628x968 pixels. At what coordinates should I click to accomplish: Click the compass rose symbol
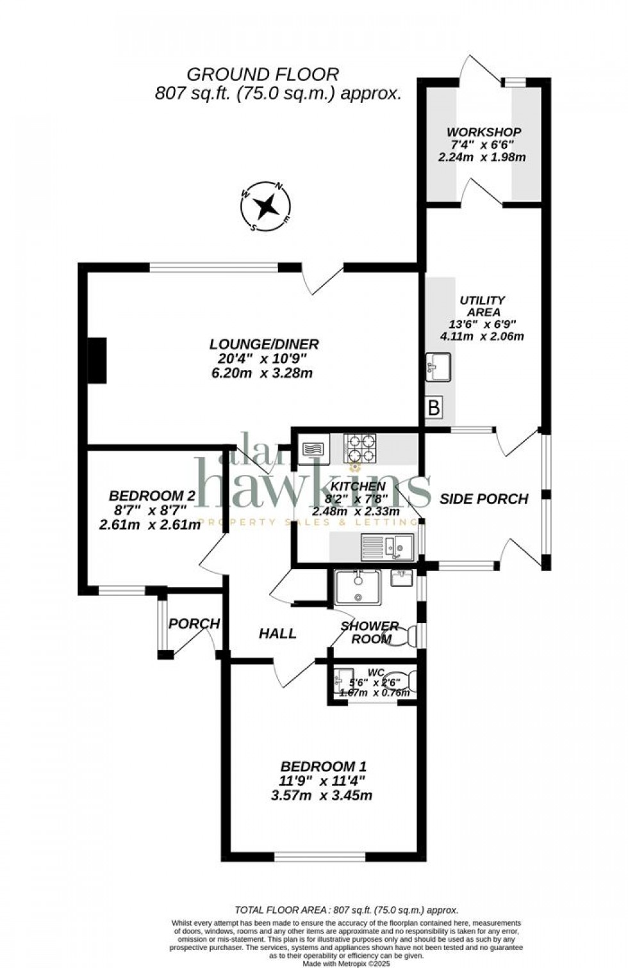pyautogui.click(x=265, y=207)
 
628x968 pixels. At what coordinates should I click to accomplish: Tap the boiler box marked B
pyautogui.click(x=434, y=407)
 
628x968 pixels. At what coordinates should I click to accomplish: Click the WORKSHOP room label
pyautogui.click(x=484, y=132)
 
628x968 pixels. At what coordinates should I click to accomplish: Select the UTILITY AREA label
pyautogui.click(x=483, y=306)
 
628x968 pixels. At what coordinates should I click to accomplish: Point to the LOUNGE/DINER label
pyautogui.click(x=264, y=344)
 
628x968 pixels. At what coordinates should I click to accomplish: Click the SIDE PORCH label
pyautogui.click(x=484, y=499)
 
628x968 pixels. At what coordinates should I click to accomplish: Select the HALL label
pyautogui.click(x=277, y=633)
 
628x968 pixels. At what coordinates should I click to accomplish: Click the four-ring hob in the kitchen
pyautogui.click(x=361, y=448)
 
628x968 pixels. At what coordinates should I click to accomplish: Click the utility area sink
pyautogui.click(x=439, y=367)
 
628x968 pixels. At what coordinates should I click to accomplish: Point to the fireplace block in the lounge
pyautogui.click(x=97, y=360)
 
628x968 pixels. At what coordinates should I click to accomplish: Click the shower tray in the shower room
pyautogui.click(x=358, y=587)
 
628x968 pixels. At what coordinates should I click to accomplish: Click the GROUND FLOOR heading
pyautogui.click(x=262, y=74)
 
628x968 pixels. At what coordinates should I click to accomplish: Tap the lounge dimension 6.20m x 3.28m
pyautogui.click(x=262, y=373)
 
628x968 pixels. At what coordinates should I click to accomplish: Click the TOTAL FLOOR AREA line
pyautogui.click(x=346, y=910)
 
